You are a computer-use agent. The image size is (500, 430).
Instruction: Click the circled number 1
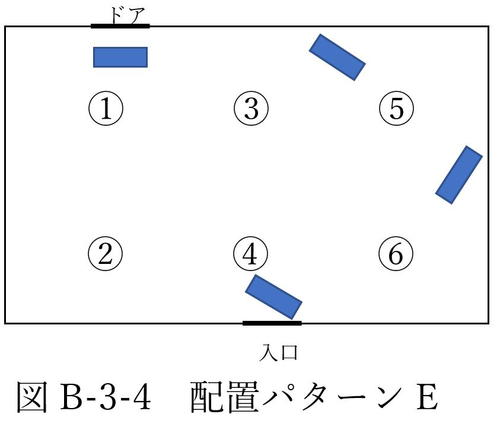(x=106, y=109)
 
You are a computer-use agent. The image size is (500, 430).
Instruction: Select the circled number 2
(x=105, y=254)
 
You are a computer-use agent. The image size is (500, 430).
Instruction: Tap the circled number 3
(x=251, y=109)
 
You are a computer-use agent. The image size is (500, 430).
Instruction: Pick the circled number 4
(x=251, y=254)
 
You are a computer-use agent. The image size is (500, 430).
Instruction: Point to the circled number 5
(x=396, y=109)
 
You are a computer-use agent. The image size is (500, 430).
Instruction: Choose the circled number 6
(x=396, y=254)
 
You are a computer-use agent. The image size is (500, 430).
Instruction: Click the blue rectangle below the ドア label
(x=120, y=58)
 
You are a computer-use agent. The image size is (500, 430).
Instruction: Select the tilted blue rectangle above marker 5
(x=337, y=58)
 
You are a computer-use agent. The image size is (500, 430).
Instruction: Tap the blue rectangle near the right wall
(x=459, y=175)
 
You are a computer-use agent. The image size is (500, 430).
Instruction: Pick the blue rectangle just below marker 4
(x=273, y=297)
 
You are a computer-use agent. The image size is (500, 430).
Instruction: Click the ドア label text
(x=128, y=15)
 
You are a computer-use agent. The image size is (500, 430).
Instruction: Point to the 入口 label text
(x=278, y=352)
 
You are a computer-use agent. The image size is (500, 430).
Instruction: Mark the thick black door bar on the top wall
(x=120, y=26)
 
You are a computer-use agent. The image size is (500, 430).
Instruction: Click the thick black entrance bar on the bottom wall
(x=272, y=323)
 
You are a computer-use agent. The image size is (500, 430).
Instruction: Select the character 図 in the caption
(x=32, y=397)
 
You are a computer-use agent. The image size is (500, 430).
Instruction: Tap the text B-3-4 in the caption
(x=106, y=397)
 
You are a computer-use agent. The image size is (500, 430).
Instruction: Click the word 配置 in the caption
(x=224, y=397)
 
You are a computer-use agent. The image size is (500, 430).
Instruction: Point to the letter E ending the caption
(x=427, y=397)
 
